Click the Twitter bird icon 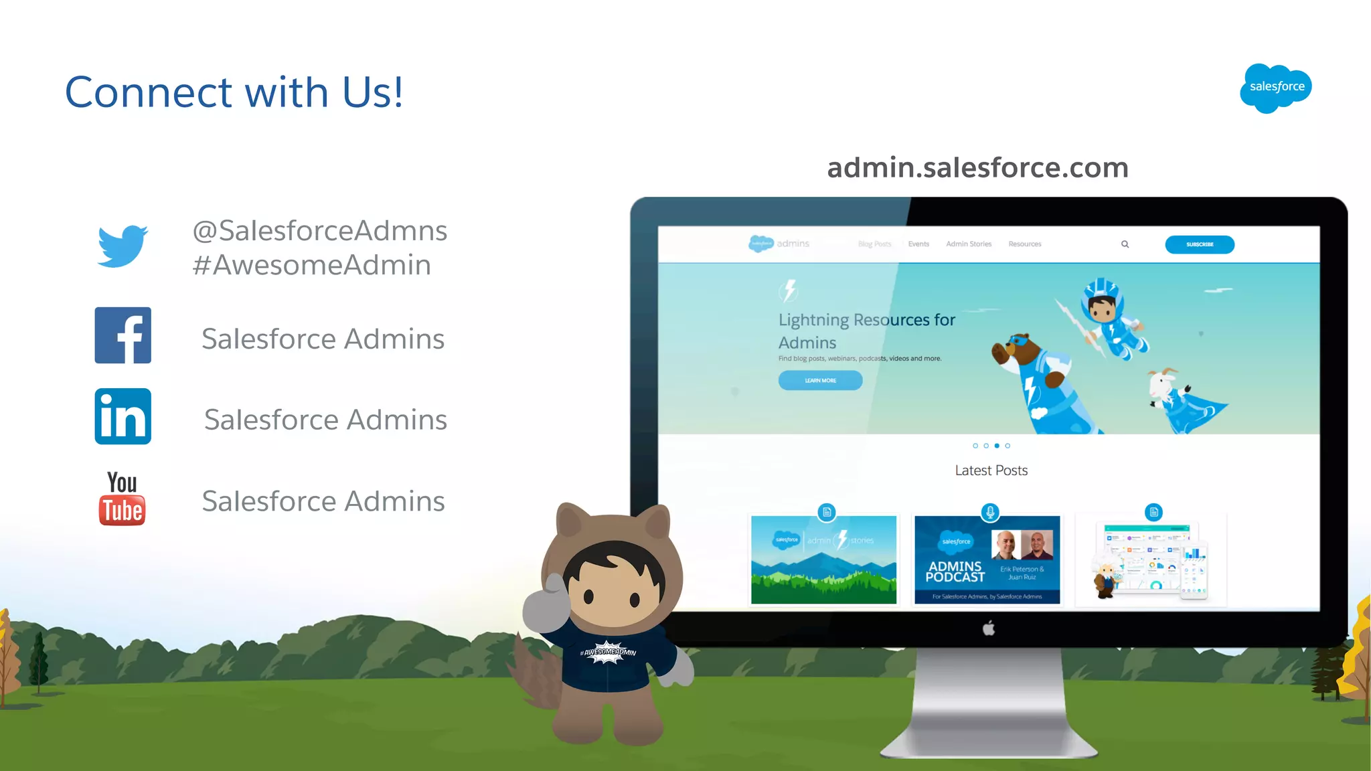click(123, 246)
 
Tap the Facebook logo click(123, 335)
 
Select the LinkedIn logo click(123, 416)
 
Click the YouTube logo click(123, 499)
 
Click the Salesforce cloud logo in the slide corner click(1276, 88)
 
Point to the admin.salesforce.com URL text click(977, 167)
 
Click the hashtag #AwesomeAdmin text click(312, 265)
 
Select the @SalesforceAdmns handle click(320, 231)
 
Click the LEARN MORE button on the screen click(820, 380)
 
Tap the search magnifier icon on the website click(1125, 244)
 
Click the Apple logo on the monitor click(989, 628)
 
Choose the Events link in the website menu click(918, 244)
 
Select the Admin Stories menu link click(969, 244)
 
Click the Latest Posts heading click(991, 470)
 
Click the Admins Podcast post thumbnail click(987, 560)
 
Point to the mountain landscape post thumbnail click(823, 560)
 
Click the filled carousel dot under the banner click(997, 446)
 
